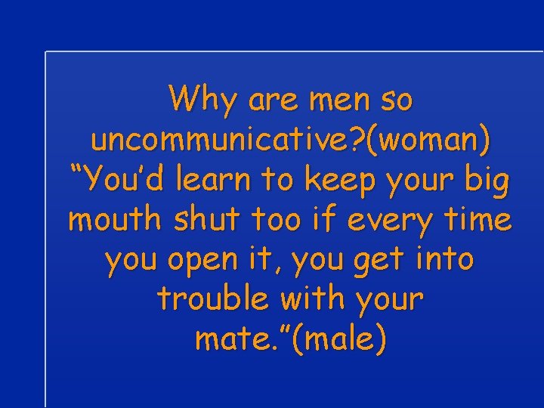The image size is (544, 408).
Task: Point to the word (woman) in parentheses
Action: point(431,140)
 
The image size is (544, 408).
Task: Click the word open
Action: point(199,260)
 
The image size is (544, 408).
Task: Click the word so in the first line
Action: point(395,100)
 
